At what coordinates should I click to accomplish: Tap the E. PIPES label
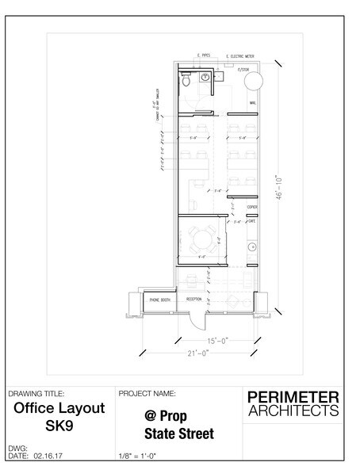coord(207,56)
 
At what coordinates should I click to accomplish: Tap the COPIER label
coord(253,206)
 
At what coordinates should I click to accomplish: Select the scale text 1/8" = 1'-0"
coord(142,456)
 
